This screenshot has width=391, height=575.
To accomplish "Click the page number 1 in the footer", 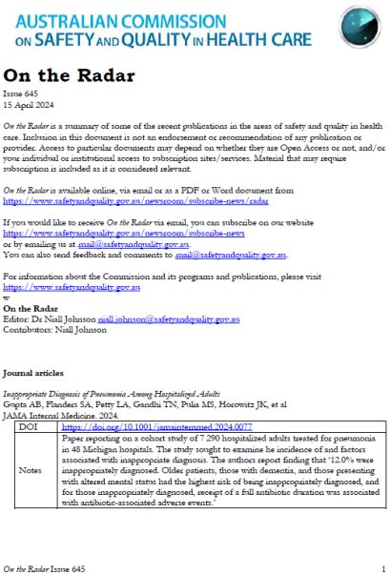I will (381, 567).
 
